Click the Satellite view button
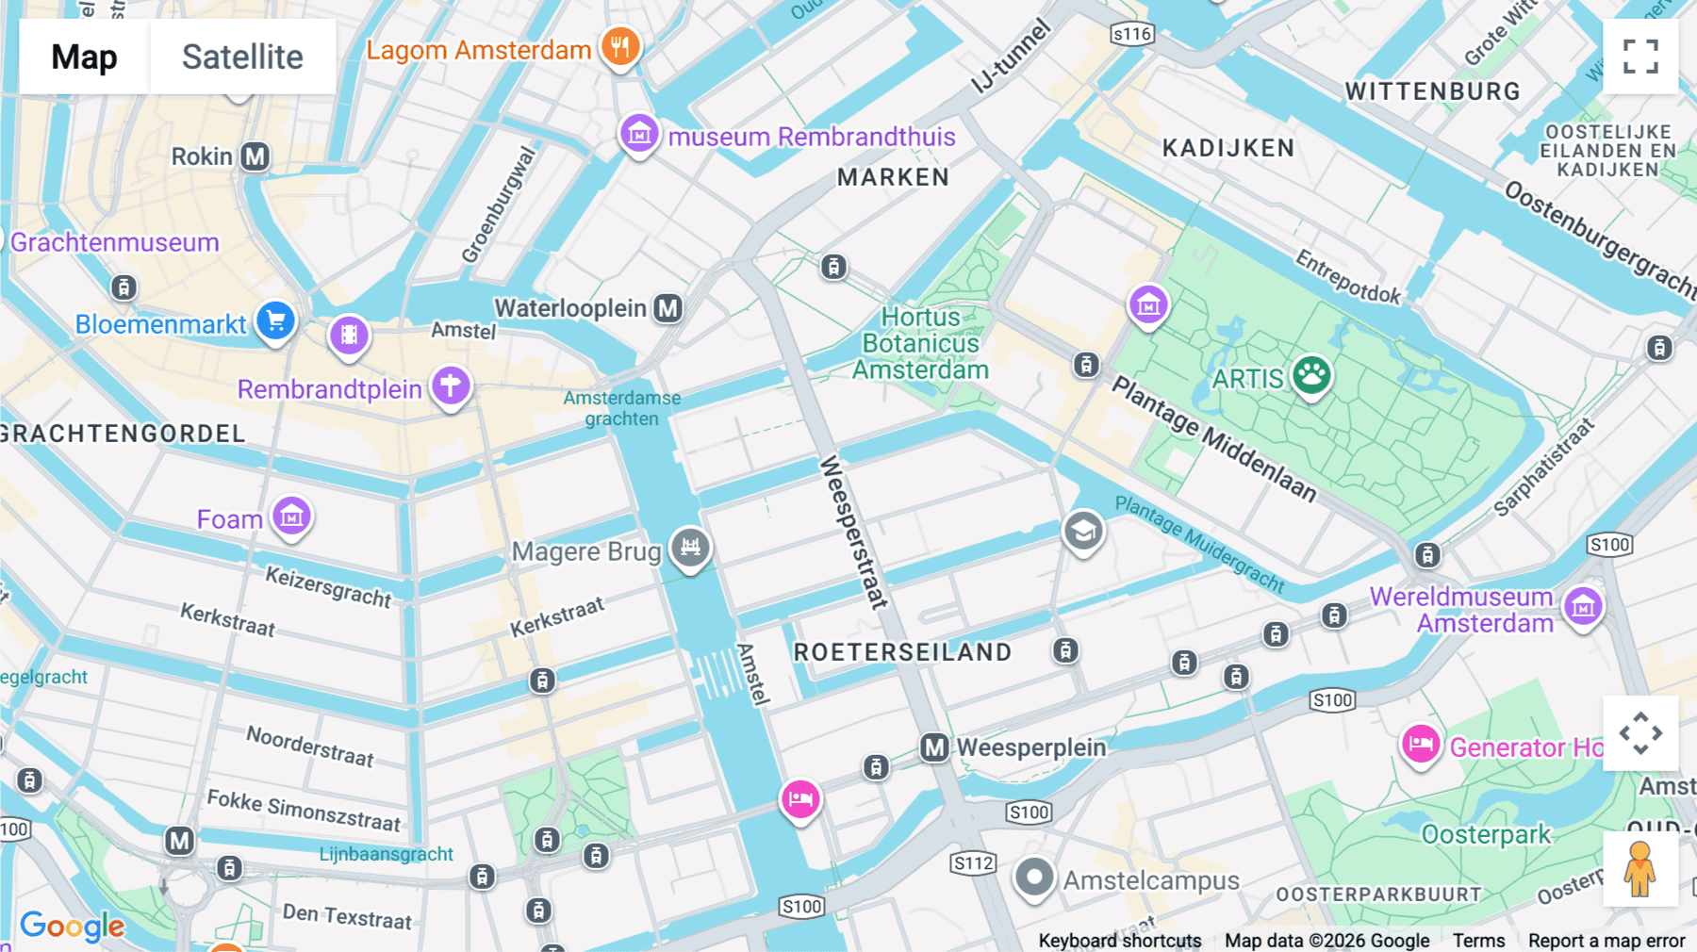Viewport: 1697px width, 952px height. click(x=242, y=57)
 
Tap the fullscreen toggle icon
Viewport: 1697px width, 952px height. click(x=1640, y=57)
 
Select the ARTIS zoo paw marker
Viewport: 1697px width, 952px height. click(x=1310, y=375)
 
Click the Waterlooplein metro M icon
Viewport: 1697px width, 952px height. click(x=668, y=308)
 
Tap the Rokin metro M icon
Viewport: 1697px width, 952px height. click(x=255, y=156)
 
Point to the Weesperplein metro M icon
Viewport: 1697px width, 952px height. click(x=933, y=748)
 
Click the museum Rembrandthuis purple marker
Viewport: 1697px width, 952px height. click(x=638, y=134)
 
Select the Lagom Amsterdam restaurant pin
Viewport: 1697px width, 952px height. click(x=619, y=46)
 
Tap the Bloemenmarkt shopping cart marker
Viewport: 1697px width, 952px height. click(x=275, y=321)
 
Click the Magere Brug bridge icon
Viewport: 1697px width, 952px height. click(x=690, y=547)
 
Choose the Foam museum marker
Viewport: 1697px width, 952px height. click(x=291, y=517)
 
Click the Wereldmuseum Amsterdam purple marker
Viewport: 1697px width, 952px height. click(x=1583, y=607)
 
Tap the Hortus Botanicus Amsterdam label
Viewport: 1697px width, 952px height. click(x=920, y=344)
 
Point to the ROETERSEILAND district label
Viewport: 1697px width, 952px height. click(x=902, y=652)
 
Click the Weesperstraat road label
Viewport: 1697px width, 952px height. click(x=853, y=533)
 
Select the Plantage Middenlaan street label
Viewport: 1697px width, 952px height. click(x=1213, y=438)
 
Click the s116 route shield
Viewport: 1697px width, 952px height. click(x=1131, y=35)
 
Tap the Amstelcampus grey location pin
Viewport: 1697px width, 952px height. click(x=1033, y=878)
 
